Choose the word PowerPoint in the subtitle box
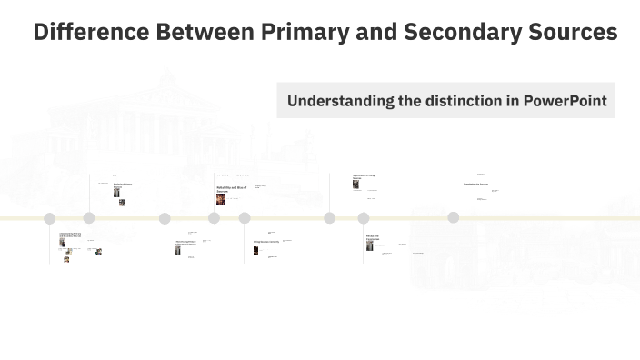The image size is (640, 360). point(565,100)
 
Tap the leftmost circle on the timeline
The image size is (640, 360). point(50,218)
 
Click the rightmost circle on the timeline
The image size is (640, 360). point(453,218)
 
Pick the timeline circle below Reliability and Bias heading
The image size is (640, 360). point(214,218)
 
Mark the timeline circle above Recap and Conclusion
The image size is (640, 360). point(364,218)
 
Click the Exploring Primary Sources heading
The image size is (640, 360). point(123,185)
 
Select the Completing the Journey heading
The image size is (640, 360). point(475,184)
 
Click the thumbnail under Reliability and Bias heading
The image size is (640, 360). point(220,198)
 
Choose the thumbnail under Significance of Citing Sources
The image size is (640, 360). point(356,184)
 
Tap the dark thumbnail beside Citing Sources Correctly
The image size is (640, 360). point(256,250)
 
